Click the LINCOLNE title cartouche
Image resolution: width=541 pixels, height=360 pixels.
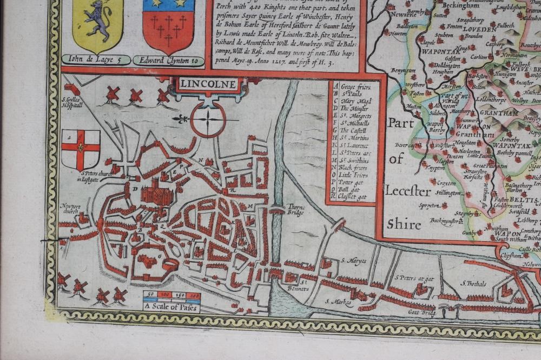208,84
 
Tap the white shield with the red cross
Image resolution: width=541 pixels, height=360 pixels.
81,150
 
